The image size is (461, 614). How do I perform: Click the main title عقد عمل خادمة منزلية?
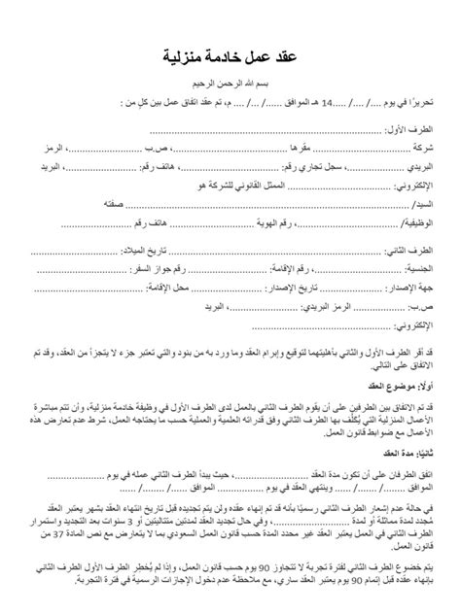[x=230, y=58]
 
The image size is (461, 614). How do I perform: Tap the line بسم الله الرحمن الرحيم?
[x=230, y=85]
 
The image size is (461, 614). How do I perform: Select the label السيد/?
[x=430, y=205]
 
